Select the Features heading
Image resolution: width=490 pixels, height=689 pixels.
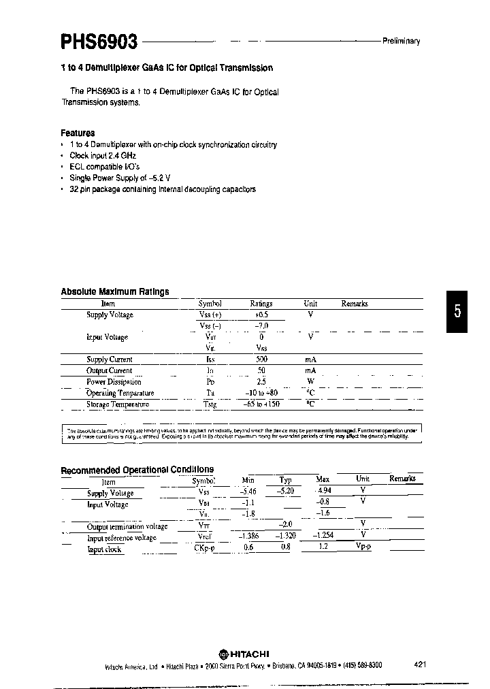[78, 133]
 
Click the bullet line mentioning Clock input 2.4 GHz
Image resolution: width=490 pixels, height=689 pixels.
[98, 155]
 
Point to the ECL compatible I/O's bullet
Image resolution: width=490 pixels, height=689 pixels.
[96, 167]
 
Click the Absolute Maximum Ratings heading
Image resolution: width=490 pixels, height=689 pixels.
[114, 291]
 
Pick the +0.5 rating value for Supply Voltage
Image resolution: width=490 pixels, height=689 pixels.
[261, 315]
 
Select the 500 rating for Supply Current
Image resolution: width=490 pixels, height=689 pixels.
[261, 359]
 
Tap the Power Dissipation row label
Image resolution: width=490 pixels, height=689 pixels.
[114, 381]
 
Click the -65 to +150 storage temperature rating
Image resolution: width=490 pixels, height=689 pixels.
[261, 404]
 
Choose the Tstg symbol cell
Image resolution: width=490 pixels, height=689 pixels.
[210, 404]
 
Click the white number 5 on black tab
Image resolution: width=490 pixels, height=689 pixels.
[458, 312]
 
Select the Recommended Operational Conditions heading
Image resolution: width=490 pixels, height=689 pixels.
[137, 470]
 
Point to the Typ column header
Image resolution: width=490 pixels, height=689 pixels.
[285, 480]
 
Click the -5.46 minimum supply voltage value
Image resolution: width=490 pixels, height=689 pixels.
[248, 492]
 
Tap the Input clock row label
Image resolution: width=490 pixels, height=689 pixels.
[105, 549]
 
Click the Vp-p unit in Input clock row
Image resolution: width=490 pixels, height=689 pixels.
[363, 547]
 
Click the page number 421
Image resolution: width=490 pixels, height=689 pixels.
[420, 664]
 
